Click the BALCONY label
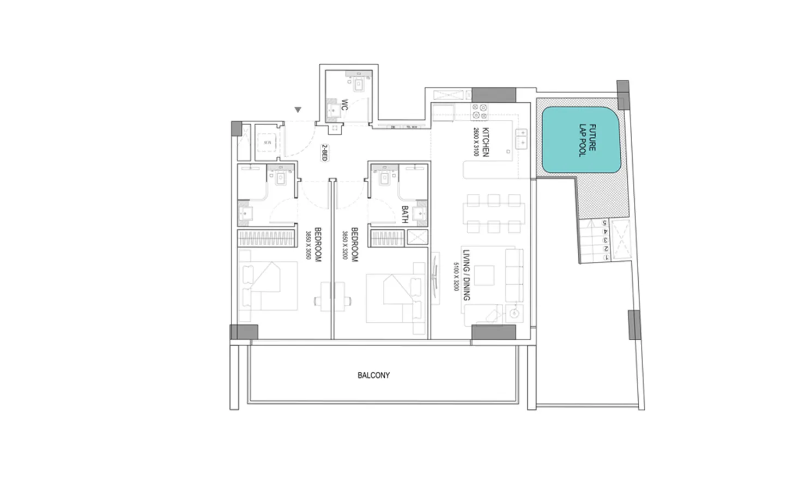(x=373, y=375)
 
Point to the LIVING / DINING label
(x=466, y=275)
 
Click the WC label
(x=344, y=105)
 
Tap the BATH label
(x=404, y=214)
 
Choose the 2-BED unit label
(x=324, y=152)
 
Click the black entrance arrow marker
(x=298, y=110)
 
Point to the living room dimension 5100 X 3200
(x=456, y=277)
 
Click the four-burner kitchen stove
(x=480, y=112)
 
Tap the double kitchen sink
(x=522, y=138)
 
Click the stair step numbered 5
(x=604, y=223)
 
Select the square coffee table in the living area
(x=484, y=275)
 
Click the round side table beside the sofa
(x=514, y=313)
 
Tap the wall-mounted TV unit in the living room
(x=436, y=277)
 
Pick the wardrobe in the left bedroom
(x=267, y=238)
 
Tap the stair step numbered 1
(x=605, y=257)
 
